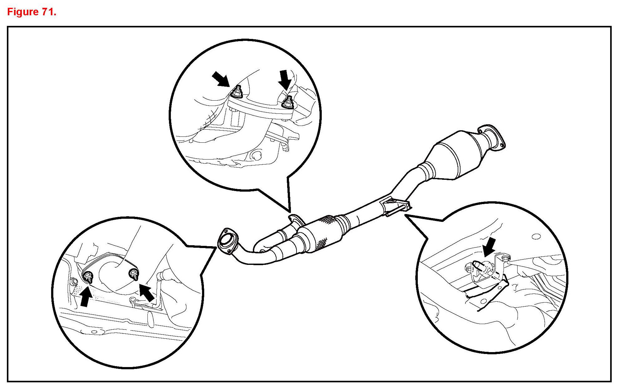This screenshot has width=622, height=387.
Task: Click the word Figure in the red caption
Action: pos(22,12)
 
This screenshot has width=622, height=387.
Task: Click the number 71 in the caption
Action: pos(46,12)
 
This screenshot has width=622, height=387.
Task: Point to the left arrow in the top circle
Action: pos(221,79)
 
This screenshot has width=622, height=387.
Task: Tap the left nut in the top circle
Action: pos(238,92)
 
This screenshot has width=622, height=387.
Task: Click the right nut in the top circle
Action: pos(288,103)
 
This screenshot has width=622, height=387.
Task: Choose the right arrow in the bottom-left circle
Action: pos(147,293)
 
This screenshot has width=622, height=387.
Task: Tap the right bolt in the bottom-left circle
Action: pos(134,274)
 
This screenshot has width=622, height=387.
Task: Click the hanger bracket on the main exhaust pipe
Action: pos(394,206)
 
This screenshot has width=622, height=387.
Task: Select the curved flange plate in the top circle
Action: pos(260,107)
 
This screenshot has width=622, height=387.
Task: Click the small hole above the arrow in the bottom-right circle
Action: pos(536,236)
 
